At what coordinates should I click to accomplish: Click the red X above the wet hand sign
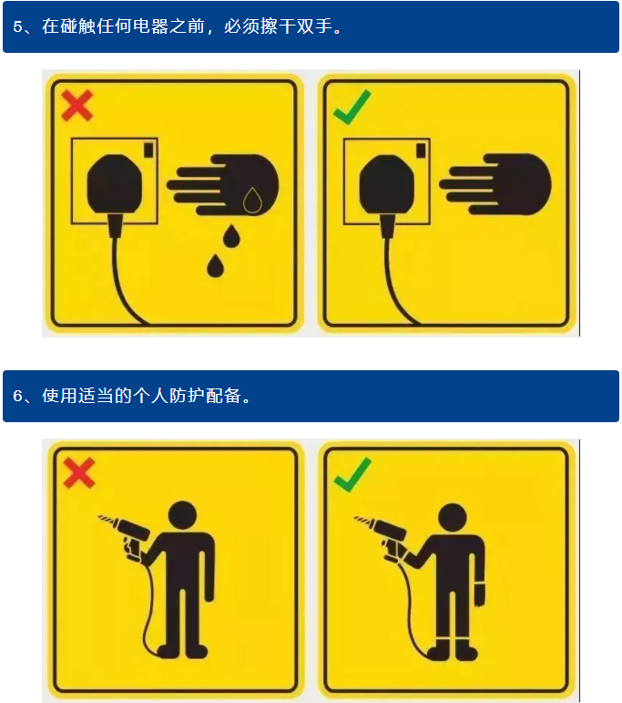pyautogui.click(x=77, y=106)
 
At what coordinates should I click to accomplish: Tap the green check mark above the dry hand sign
pyautogui.click(x=352, y=108)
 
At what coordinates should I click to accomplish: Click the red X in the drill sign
pyautogui.click(x=79, y=472)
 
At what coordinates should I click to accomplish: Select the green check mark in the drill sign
pyautogui.click(x=352, y=474)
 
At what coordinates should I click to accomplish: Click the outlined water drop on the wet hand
pyautogui.click(x=252, y=201)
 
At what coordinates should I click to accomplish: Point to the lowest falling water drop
pyautogui.click(x=216, y=265)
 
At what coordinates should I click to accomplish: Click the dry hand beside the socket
pyautogui.click(x=495, y=184)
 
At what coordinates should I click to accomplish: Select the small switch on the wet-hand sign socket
pyautogui.click(x=148, y=150)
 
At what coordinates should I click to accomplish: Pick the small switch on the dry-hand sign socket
pyautogui.click(x=421, y=150)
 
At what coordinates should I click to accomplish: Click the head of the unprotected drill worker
pyautogui.click(x=182, y=514)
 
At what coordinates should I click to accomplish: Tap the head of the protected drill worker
pyautogui.click(x=453, y=517)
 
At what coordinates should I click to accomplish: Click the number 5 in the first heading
pyautogui.click(x=17, y=27)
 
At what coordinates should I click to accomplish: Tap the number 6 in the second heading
pyautogui.click(x=17, y=396)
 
